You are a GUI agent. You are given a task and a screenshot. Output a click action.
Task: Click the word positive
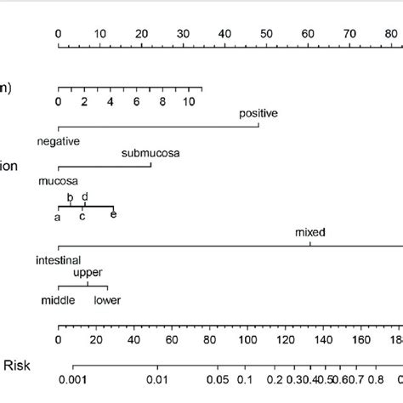pos(258,112)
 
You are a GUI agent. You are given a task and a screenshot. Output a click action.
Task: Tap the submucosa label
pos(150,153)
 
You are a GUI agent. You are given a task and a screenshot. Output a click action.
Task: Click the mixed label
pos(310,232)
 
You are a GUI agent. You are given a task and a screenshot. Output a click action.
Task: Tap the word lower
pos(107,300)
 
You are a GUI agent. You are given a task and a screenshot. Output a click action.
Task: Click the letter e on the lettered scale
pos(113,215)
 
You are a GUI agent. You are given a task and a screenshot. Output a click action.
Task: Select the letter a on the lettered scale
pos(58,218)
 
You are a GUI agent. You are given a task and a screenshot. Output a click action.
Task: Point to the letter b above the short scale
pos(71,197)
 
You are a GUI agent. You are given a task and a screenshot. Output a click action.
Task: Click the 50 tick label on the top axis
pos(266,33)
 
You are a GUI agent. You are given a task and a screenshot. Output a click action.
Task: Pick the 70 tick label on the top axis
pos(349,33)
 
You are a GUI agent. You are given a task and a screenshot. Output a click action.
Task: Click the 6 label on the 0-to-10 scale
pos(136,101)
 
